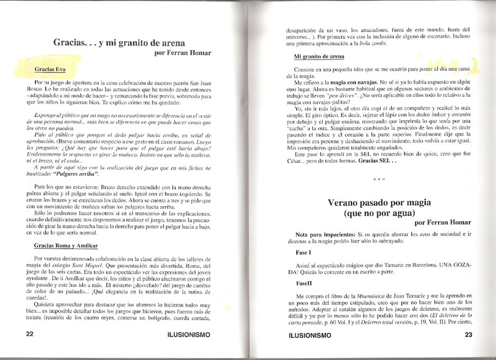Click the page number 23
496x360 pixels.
[469, 335]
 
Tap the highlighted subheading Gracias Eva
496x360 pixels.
[50, 70]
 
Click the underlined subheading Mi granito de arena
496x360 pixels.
[319, 57]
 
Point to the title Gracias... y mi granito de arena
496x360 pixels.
[119, 42]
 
